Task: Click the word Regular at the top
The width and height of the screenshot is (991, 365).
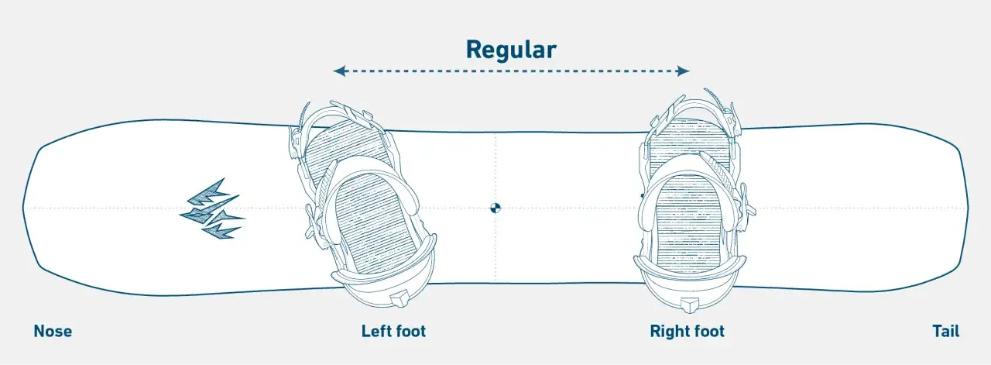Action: (x=511, y=50)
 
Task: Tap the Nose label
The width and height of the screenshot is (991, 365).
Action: (x=53, y=332)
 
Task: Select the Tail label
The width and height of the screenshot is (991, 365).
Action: (x=946, y=332)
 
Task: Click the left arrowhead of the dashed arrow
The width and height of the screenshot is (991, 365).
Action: (x=339, y=71)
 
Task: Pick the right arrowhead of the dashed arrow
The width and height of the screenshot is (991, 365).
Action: (x=683, y=71)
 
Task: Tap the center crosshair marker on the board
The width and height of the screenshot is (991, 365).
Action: (x=495, y=208)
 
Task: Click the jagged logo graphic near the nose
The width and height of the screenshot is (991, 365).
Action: (x=212, y=208)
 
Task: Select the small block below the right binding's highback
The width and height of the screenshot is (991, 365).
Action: (x=689, y=305)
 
